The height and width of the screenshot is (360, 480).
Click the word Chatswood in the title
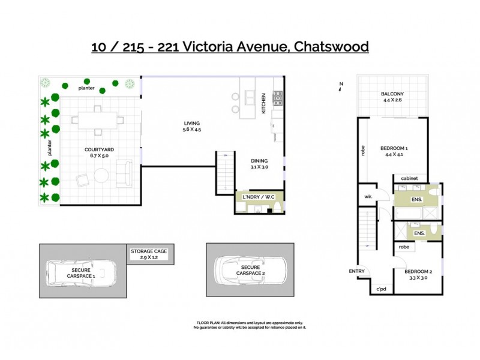pos(329,47)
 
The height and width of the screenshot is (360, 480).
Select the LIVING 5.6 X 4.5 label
pos(192,126)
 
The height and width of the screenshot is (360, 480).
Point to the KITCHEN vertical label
pos(263,104)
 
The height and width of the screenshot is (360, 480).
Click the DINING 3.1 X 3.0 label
pos(259,164)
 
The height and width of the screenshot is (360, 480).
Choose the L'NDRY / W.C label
pos(259,197)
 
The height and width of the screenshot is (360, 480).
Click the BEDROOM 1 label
pos(394,151)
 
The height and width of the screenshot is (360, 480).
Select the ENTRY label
pos(356,271)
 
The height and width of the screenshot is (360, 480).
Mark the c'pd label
pos(380,290)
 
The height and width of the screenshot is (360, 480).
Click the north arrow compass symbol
pos(340,86)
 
